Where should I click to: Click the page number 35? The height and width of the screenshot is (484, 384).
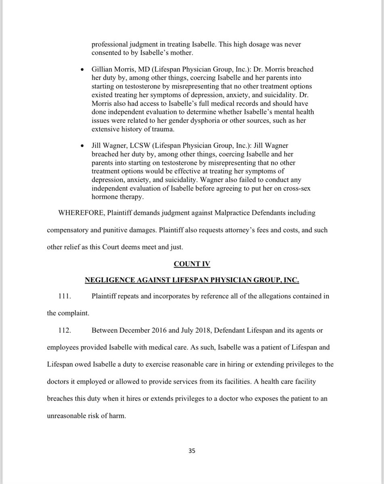tap(192, 451)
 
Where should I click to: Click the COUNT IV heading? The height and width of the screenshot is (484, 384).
tap(192, 264)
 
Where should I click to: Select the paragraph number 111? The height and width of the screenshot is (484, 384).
tap(65, 296)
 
